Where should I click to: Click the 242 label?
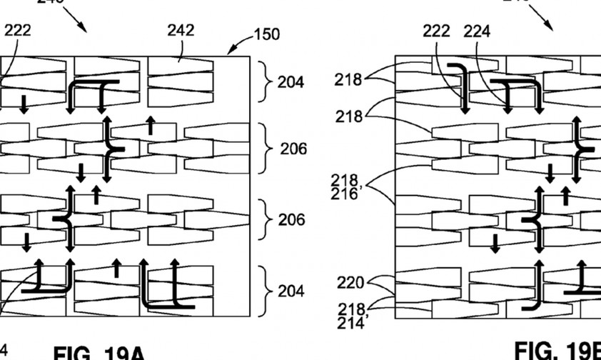tap(181, 30)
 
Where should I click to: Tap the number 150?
tap(267, 34)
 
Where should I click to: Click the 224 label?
tap(477, 31)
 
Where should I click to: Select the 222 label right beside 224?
tap(436, 31)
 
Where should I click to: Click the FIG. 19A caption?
tap(99, 352)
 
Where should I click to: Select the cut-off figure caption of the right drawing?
tap(557, 350)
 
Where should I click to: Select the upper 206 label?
tap(293, 149)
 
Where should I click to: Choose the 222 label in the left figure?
tap(17, 30)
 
